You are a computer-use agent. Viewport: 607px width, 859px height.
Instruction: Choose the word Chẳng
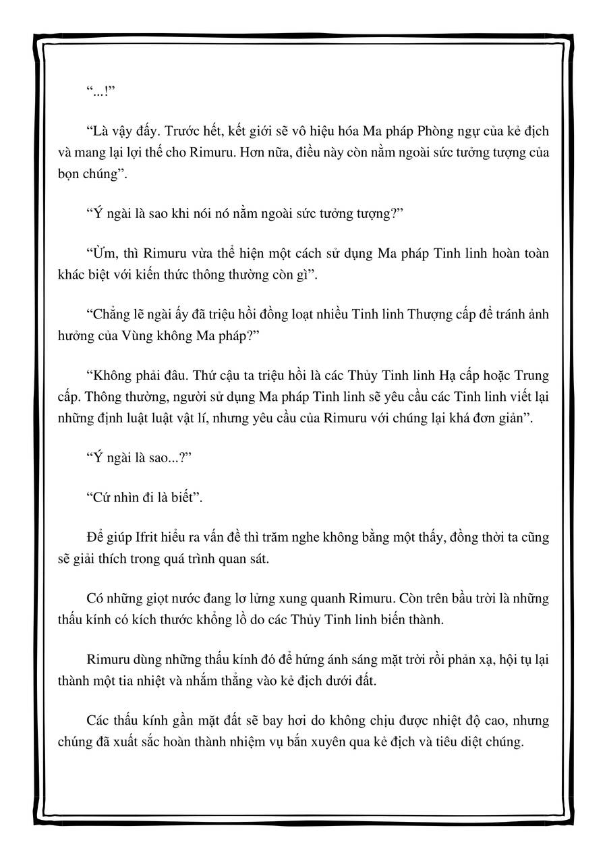point(109,314)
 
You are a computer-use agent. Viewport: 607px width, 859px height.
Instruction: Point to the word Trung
point(532,375)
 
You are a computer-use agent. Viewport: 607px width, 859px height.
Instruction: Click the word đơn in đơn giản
point(489,417)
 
